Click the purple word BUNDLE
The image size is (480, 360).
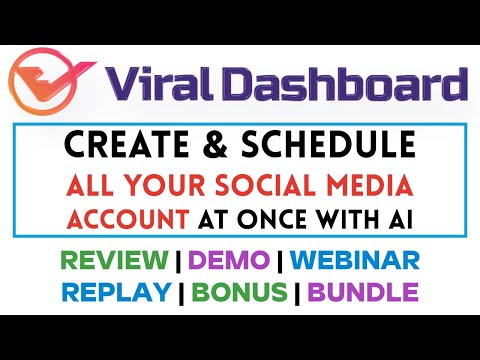(363, 295)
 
